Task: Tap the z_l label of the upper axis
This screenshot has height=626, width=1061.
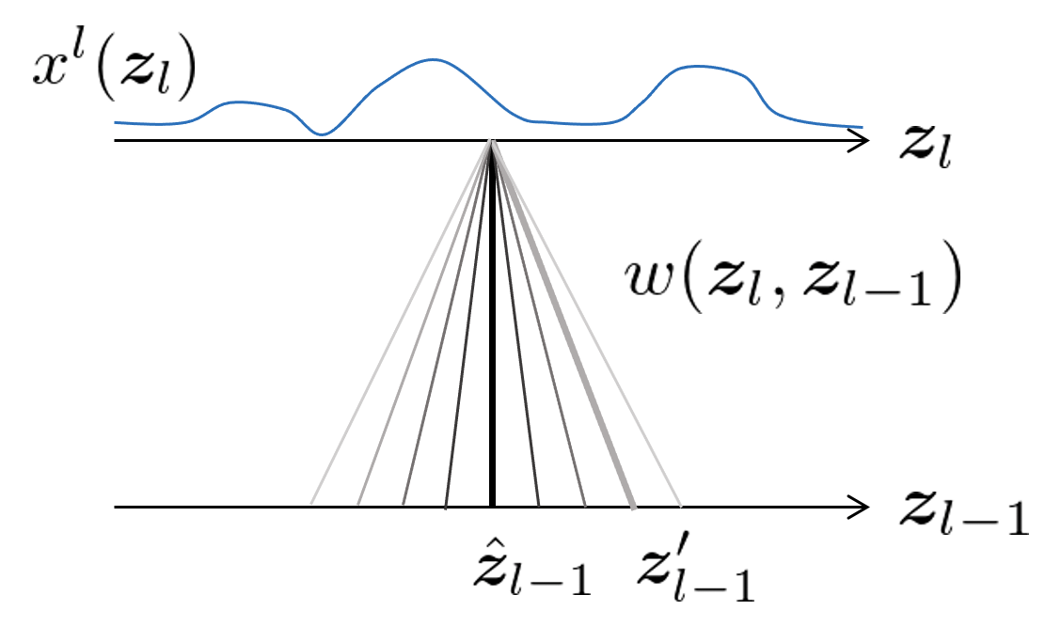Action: coord(926,147)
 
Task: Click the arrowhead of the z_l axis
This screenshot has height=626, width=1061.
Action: coord(858,141)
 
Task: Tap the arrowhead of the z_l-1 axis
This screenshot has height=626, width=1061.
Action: coord(858,508)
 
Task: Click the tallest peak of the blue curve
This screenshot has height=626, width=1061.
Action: coord(434,60)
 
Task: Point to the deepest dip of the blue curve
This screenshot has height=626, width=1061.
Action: coord(322,134)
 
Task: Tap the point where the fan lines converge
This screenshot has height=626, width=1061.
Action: coord(491,142)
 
